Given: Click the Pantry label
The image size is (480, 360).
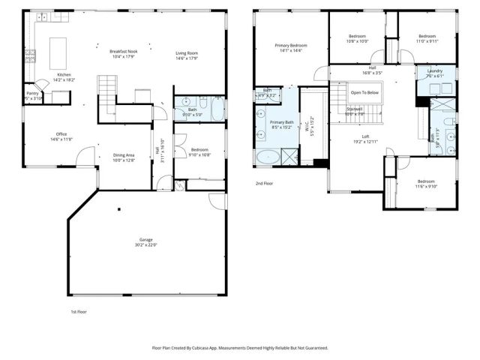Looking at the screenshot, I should [32, 94].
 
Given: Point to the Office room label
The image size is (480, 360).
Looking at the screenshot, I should [61, 134].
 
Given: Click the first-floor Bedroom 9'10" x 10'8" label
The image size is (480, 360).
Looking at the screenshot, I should [199, 151].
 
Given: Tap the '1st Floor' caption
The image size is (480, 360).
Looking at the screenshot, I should [79, 311].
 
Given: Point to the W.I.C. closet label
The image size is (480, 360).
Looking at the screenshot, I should [307, 128].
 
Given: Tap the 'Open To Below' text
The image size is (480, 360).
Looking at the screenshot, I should [364, 93].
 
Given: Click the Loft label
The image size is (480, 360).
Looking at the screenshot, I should [365, 136].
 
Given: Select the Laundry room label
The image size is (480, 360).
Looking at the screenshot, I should [435, 71].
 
